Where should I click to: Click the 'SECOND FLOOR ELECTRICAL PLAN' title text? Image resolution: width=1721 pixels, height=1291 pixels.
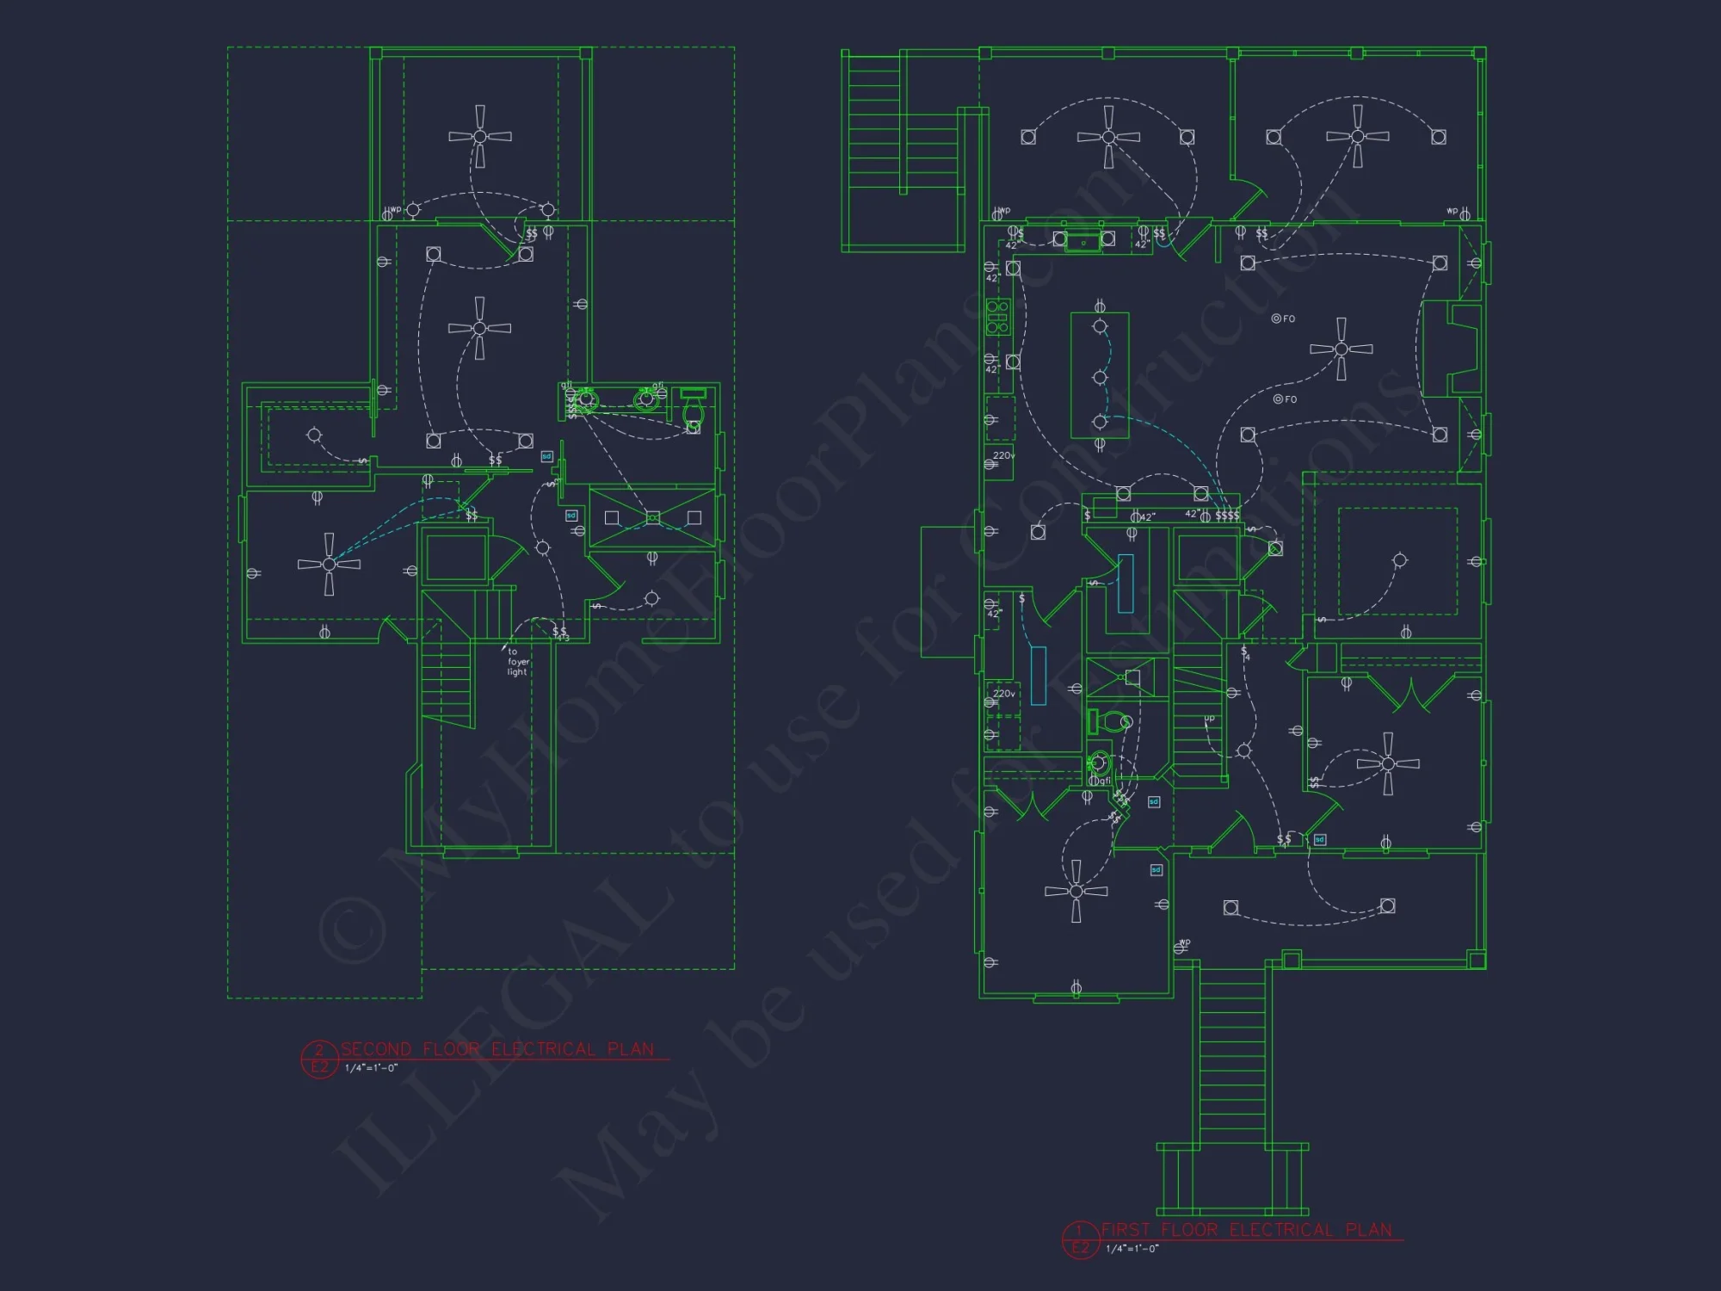497,1049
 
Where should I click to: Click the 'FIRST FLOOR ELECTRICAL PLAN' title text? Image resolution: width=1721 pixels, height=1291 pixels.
1246,1230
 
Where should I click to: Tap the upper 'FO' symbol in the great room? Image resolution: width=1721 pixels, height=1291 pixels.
1283,318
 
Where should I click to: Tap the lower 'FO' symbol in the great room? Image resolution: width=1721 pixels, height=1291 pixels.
1284,399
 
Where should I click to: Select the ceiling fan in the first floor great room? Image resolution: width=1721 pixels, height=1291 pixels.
1341,349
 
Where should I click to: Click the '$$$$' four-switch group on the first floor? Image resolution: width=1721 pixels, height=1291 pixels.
1227,516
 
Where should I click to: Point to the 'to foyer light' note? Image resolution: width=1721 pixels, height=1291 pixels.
517,662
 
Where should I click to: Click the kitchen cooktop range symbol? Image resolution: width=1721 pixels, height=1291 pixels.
997,317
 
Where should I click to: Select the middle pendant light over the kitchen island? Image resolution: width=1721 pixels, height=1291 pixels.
1100,377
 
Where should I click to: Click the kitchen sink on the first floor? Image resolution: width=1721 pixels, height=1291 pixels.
1083,240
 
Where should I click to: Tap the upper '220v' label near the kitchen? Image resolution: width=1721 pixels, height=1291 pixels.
1003,455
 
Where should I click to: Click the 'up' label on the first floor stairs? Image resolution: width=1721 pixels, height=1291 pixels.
1209,718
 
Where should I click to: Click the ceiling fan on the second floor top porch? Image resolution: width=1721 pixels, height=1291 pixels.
480,136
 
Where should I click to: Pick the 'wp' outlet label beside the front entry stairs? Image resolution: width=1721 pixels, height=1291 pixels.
1185,942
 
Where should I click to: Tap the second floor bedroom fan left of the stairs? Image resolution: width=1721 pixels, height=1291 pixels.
329,564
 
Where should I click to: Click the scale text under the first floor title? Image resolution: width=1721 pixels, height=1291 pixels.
1132,1249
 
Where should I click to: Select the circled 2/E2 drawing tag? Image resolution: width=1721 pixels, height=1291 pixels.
319,1059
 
